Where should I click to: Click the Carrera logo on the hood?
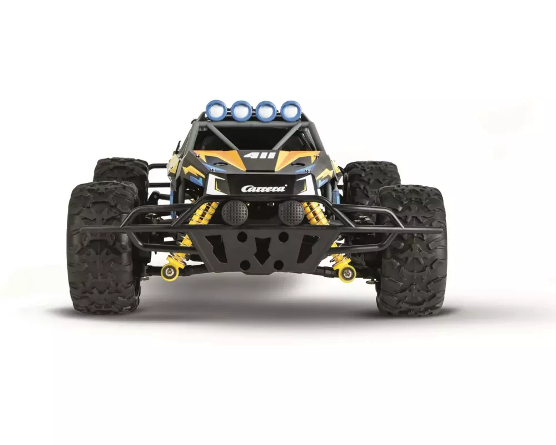[264, 188]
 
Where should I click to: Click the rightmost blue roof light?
[290, 108]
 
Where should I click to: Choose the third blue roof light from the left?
[266, 109]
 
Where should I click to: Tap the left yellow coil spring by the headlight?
[204, 214]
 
